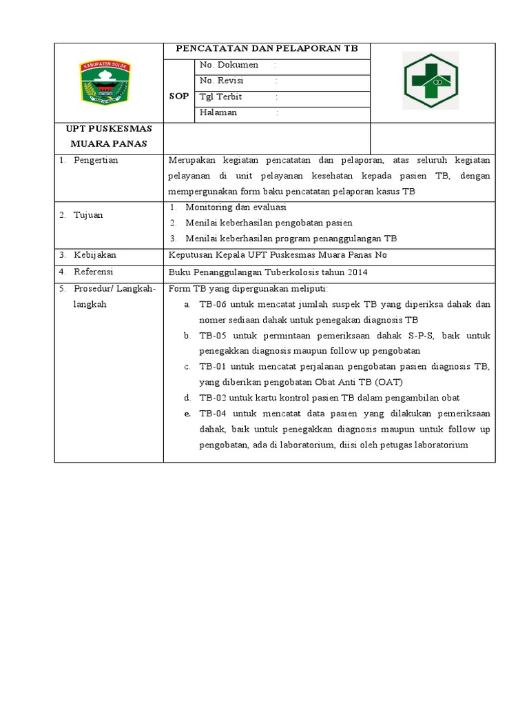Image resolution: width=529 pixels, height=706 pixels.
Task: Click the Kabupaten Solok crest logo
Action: coord(107,82)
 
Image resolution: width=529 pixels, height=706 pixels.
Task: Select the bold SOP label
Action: coord(178,97)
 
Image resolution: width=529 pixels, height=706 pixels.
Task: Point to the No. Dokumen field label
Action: coord(229,65)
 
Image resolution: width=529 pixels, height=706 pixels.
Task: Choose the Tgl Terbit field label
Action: coord(221,97)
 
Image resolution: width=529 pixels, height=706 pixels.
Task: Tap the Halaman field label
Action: coord(218,112)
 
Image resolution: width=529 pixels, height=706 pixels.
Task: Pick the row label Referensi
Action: coord(94,272)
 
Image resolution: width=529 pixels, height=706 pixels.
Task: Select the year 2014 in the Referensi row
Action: coord(357,272)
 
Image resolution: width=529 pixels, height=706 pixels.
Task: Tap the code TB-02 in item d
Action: coord(212,398)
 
